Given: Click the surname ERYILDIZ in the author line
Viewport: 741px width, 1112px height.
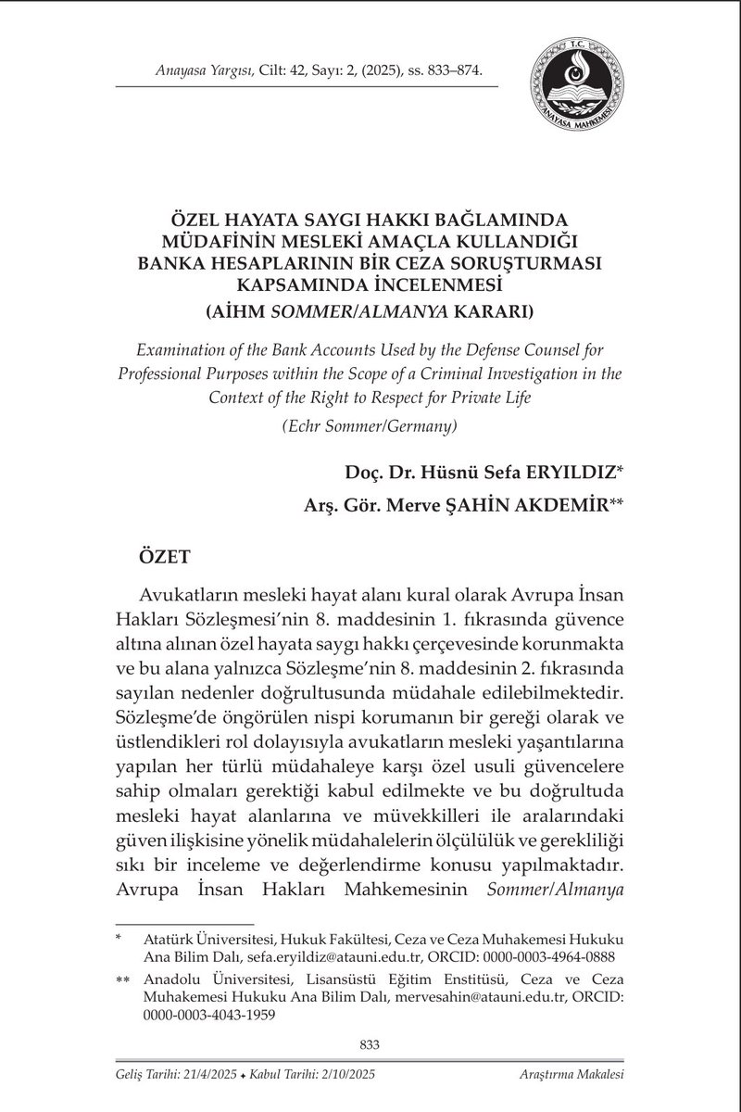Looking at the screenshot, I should click(573, 473).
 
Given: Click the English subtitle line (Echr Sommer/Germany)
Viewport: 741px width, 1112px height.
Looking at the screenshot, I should click(370, 427).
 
